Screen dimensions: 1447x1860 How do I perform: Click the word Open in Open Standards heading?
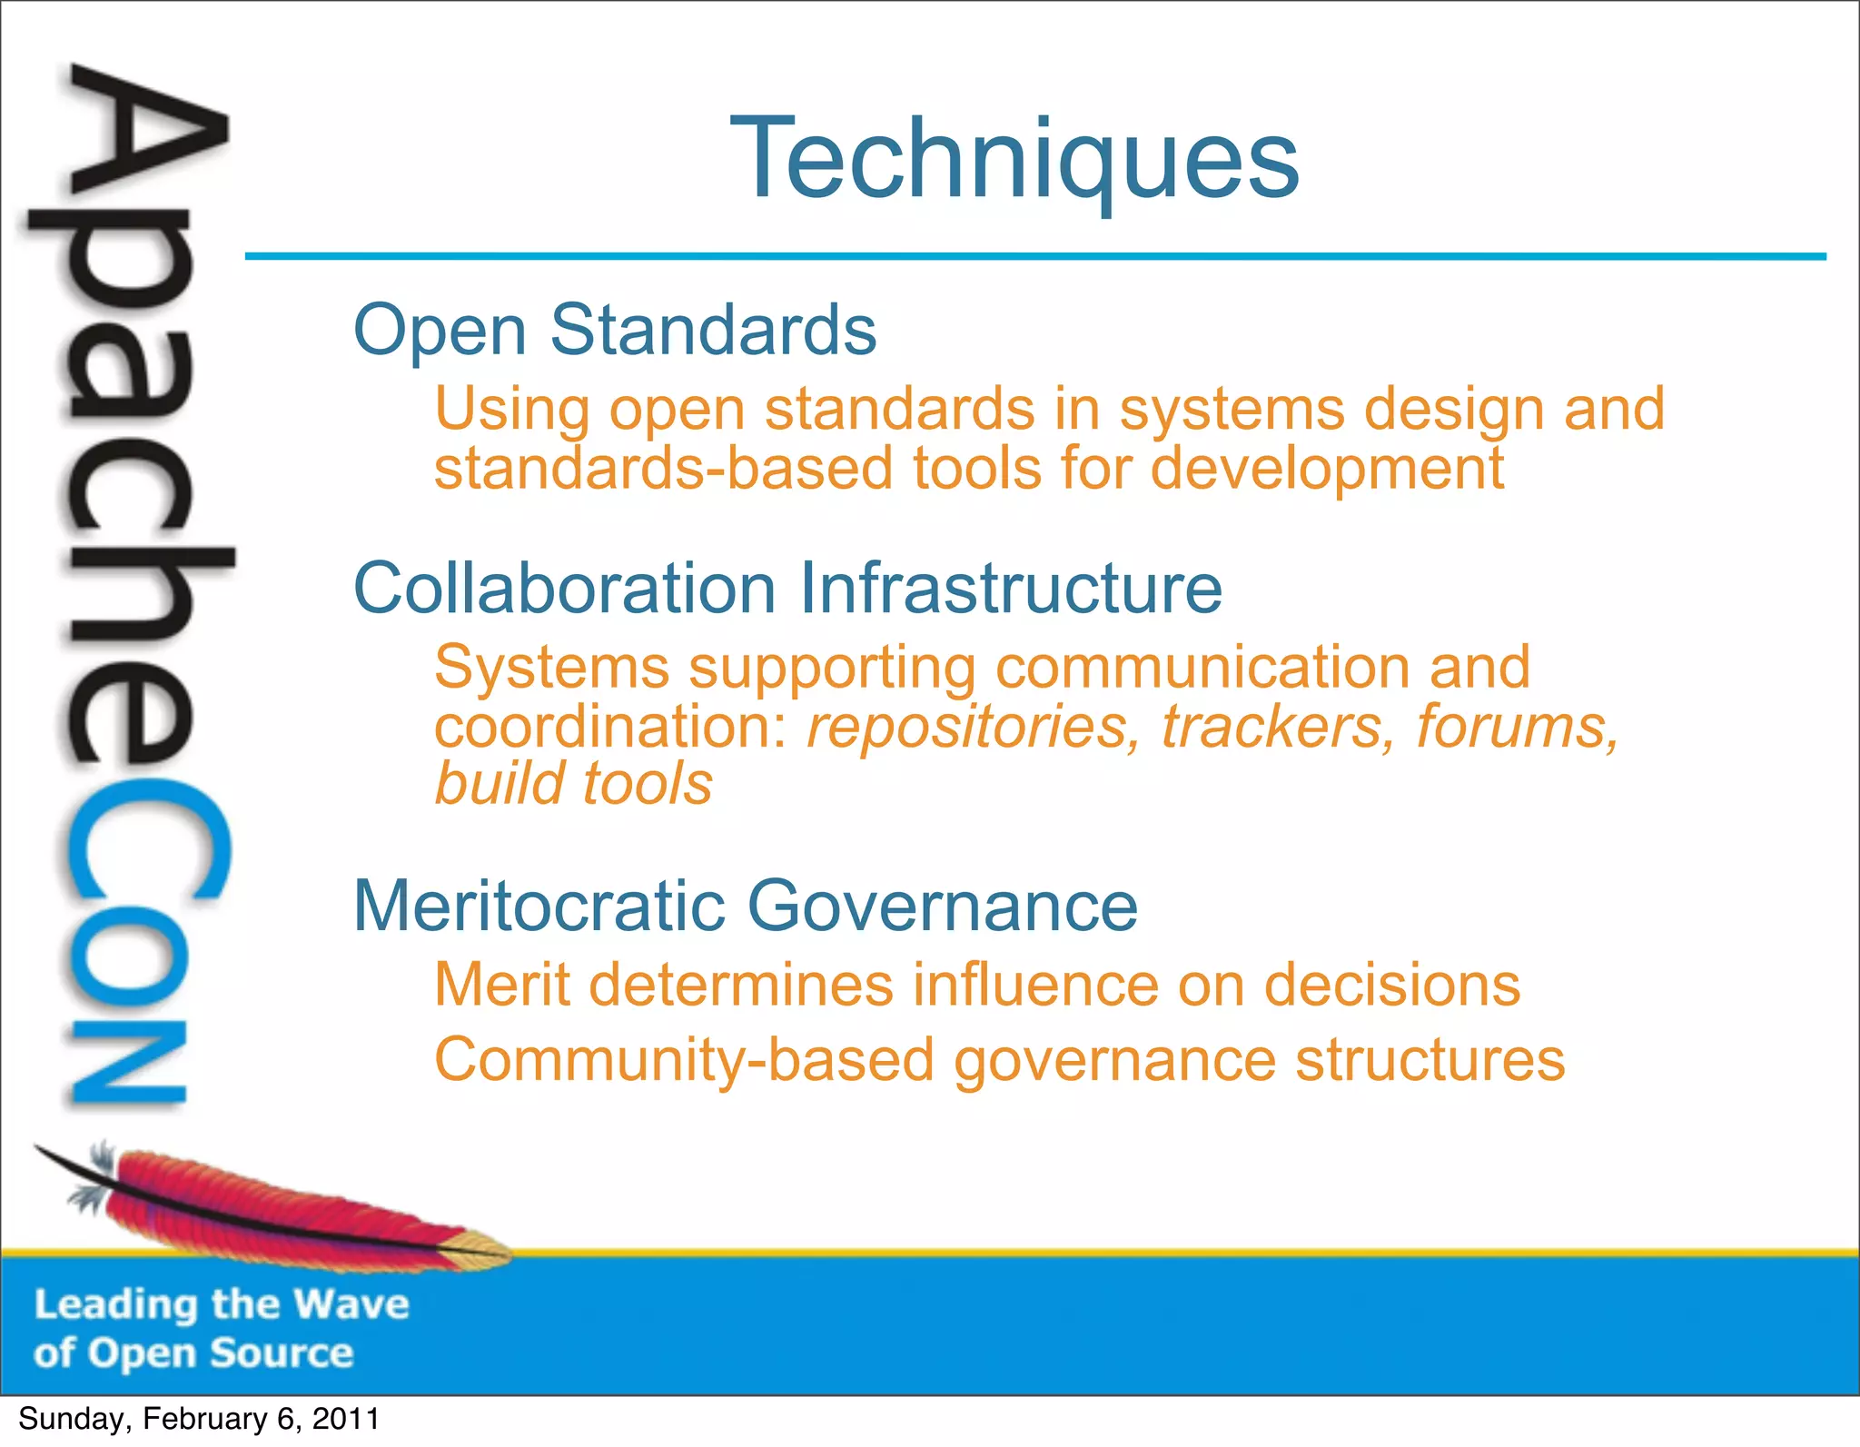[x=440, y=331]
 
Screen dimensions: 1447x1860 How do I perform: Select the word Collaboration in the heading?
[x=564, y=589]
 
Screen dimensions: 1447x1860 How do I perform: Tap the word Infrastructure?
[x=1011, y=589]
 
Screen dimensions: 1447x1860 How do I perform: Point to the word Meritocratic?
[x=539, y=906]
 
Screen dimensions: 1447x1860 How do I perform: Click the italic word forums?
[x=1518, y=728]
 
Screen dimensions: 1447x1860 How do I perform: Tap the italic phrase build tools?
[x=573, y=784]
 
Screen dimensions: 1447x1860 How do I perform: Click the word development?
[x=1327, y=471]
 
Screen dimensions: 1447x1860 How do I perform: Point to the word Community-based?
[x=684, y=1061]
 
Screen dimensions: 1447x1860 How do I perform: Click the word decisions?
[x=1391, y=985]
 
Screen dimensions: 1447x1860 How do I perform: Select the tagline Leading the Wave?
[x=222, y=1304]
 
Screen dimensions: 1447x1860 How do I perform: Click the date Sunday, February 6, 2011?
[x=198, y=1419]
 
